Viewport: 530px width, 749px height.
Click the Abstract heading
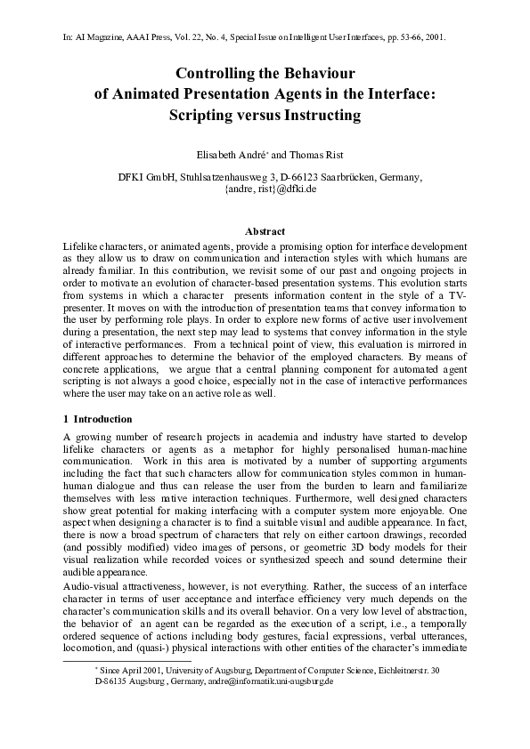tap(265, 231)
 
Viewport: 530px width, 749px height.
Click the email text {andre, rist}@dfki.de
tap(265, 189)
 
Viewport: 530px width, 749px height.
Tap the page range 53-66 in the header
tap(403, 39)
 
